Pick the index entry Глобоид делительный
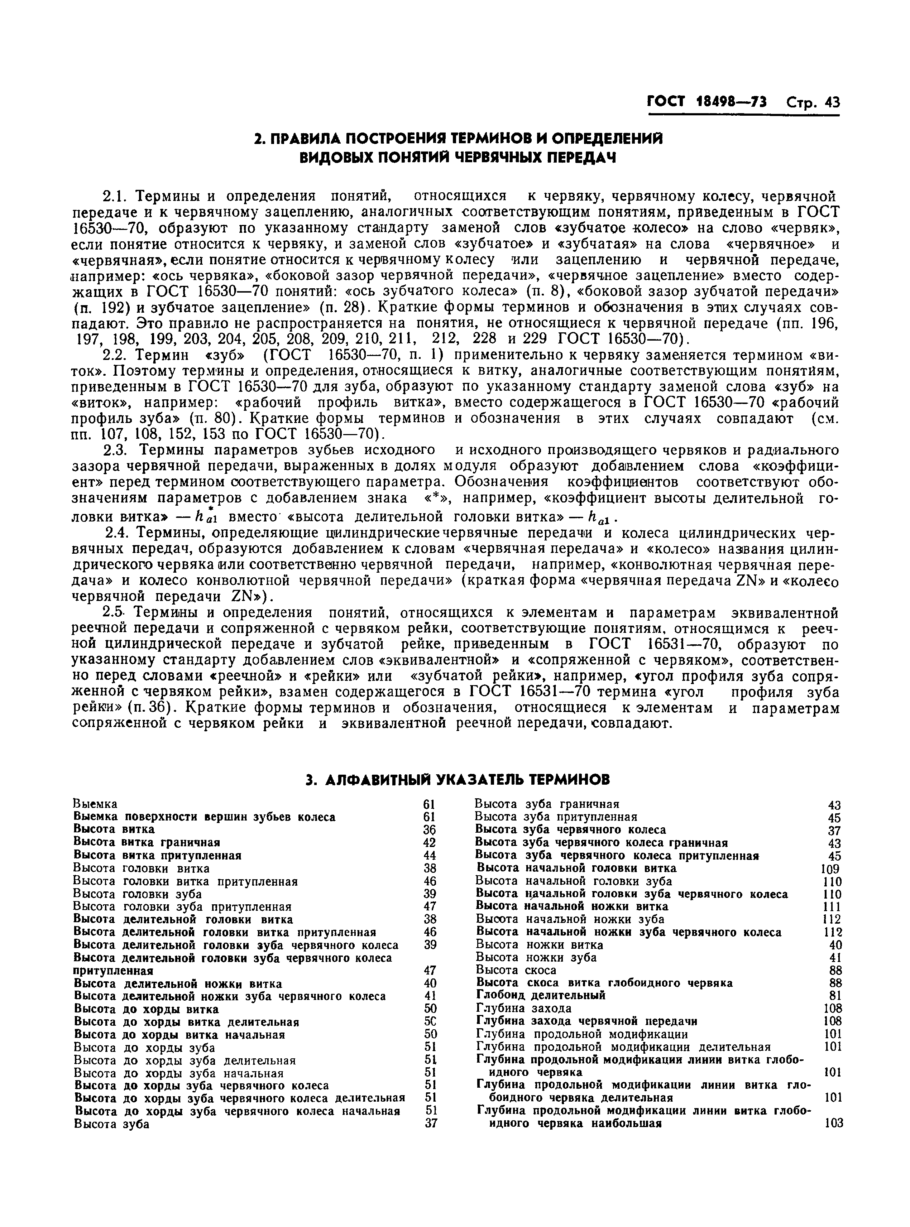click(540, 995)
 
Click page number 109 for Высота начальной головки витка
click(830, 869)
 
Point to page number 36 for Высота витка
click(430, 829)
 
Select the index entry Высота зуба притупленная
click(556, 817)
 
